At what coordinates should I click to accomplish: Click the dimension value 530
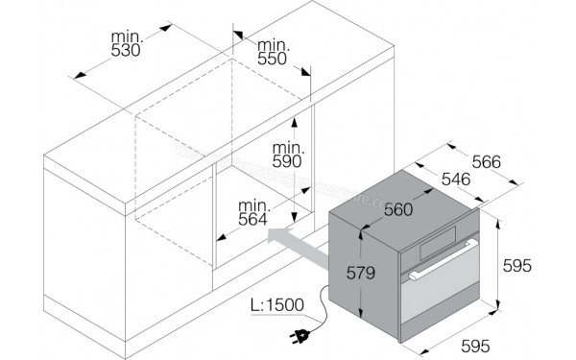(126, 51)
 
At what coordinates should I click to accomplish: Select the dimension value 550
(273, 59)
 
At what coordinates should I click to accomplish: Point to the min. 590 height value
(287, 161)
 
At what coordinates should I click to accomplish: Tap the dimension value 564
(253, 220)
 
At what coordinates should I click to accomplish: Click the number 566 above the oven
(487, 161)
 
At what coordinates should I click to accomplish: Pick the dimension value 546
(456, 180)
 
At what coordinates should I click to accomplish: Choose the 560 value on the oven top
(398, 209)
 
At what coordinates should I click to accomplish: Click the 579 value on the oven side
(361, 273)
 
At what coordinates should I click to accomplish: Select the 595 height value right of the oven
(517, 266)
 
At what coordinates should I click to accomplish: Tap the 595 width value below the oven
(475, 346)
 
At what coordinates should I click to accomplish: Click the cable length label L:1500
(277, 305)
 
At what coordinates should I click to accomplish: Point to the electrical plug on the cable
(300, 336)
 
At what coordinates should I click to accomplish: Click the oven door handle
(444, 260)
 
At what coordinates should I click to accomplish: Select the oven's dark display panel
(439, 243)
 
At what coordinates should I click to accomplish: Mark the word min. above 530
(127, 37)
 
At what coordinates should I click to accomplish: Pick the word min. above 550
(274, 45)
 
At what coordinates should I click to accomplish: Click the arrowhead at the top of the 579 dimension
(361, 234)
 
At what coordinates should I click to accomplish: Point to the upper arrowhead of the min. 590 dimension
(294, 123)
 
